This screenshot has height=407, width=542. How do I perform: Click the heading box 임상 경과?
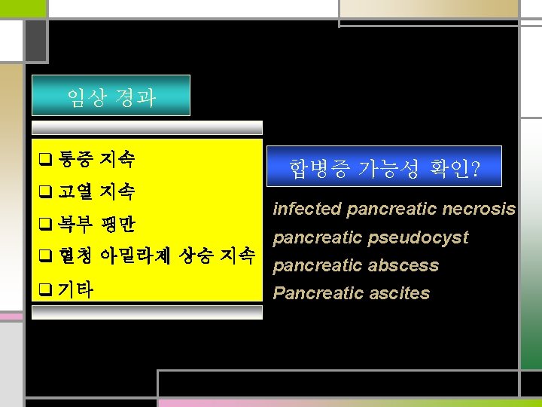pos(111,96)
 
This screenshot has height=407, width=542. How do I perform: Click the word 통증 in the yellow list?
pos(75,159)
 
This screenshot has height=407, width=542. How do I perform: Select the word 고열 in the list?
pos(75,192)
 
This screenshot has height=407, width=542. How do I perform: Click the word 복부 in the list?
pos(75,225)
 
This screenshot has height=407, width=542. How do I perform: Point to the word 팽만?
pos(118,225)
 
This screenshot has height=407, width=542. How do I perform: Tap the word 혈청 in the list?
pos(75,256)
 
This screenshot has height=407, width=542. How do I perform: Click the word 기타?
pos(76,289)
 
